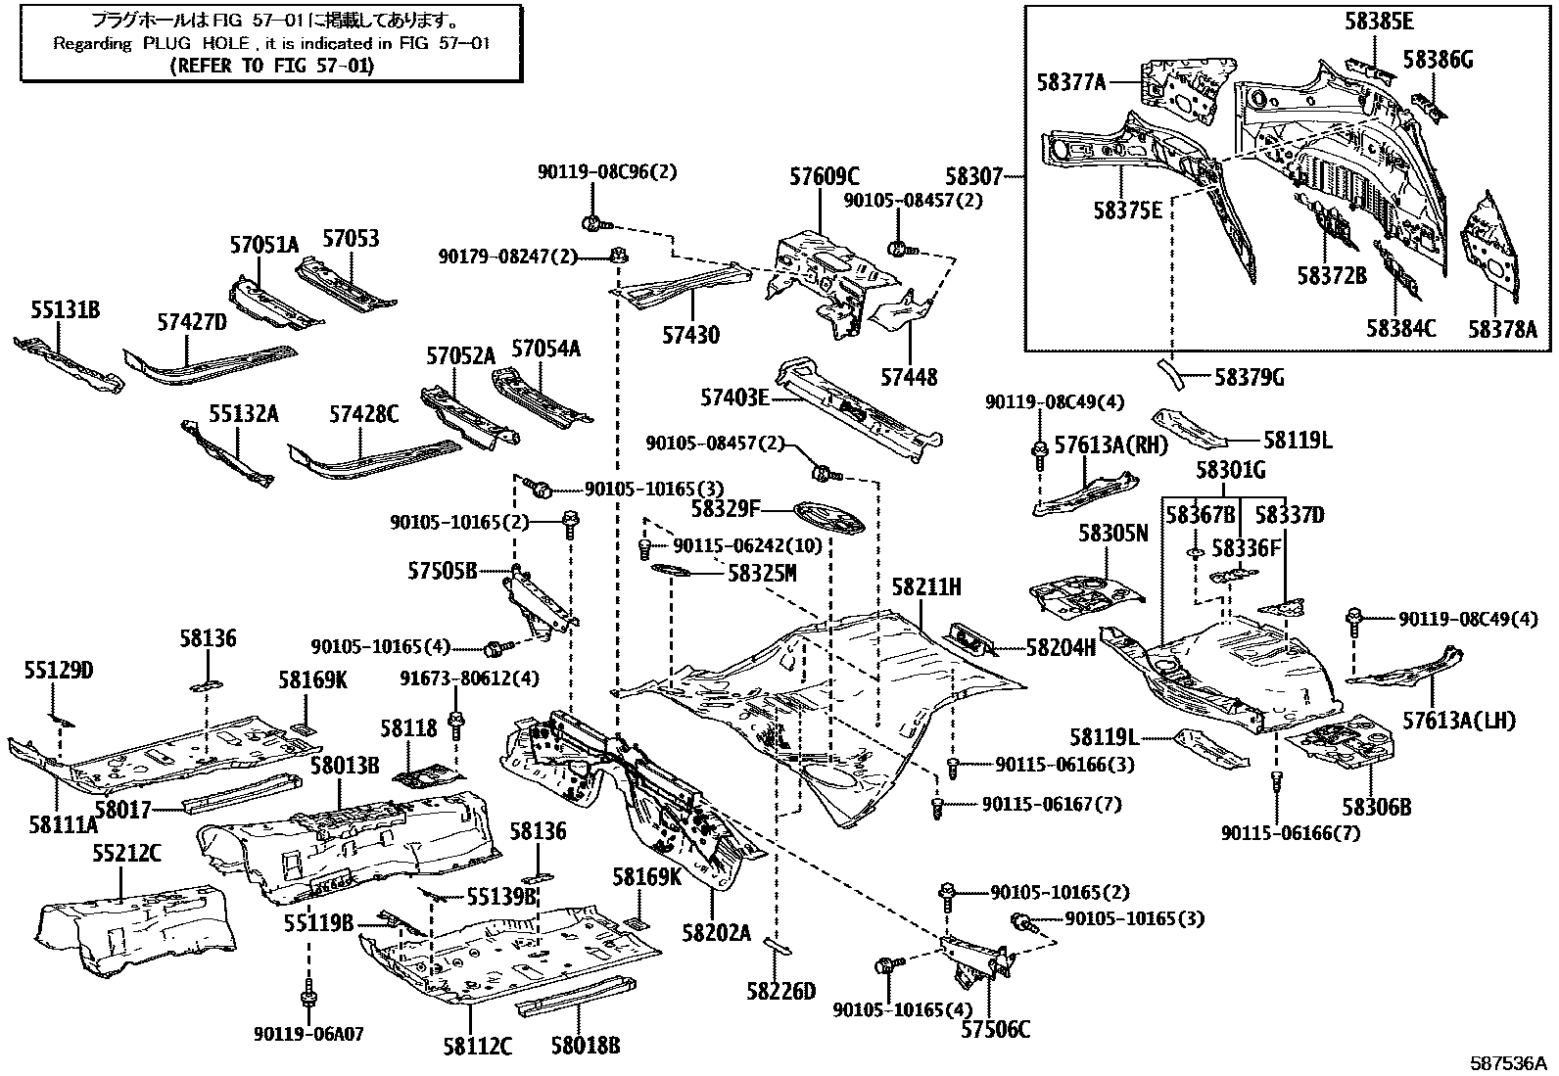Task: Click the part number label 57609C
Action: pyautogui.click(x=824, y=177)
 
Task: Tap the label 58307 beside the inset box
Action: pyautogui.click(x=974, y=177)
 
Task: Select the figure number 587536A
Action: pyautogui.click(x=1508, y=1062)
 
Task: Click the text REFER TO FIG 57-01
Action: pyautogui.click(x=271, y=66)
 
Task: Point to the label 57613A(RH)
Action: pyautogui.click(x=1110, y=444)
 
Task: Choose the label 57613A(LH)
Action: pyautogui.click(x=1459, y=721)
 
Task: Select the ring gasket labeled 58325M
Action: pyautogui.click(x=672, y=572)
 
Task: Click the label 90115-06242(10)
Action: pyautogui.click(x=748, y=545)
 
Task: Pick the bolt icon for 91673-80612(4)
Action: pyautogui.click(x=456, y=725)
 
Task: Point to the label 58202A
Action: pyautogui.click(x=716, y=933)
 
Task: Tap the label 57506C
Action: pyautogui.click(x=995, y=1029)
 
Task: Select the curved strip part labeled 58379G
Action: pyautogui.click(x=1170, y=374)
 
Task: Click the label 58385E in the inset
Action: pyautogui.click(x=1379, y=22)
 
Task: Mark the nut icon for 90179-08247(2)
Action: pyautogui.click(x=619, y=257)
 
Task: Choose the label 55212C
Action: pyautogui.click(x=126, y=854)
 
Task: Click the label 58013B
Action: pyautogui.click(x=345, y=766)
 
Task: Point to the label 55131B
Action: pyautogui.click(x=66, y=309)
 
